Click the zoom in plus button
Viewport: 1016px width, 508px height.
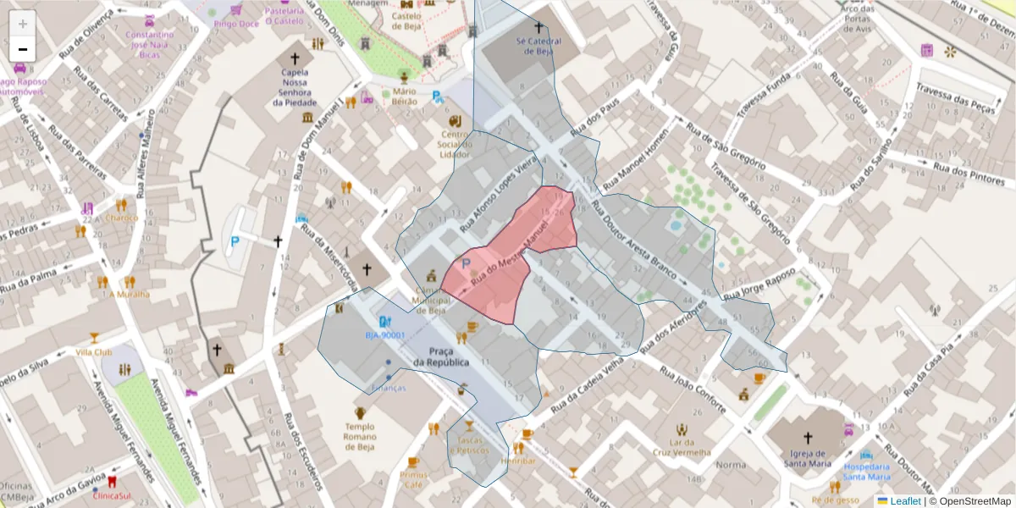pyautogui.click(x=23, y=24)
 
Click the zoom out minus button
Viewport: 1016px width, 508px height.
pyautogui.click(x=23, y=49)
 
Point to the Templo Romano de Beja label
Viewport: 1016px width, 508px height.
pyautogui.click(x=359, y=436)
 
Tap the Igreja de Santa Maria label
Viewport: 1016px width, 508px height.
pyautogui.click(x=807, y=460)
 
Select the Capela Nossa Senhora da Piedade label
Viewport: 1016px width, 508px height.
pyautogui.click(x=295, y=87)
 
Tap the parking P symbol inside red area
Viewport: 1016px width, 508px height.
pyautogui.click(x=465, y=266)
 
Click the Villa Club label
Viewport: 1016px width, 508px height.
pyautogui.click(x=94, y=351)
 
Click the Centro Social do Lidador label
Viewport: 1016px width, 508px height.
pyautogui.click(x=455, y=144)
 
